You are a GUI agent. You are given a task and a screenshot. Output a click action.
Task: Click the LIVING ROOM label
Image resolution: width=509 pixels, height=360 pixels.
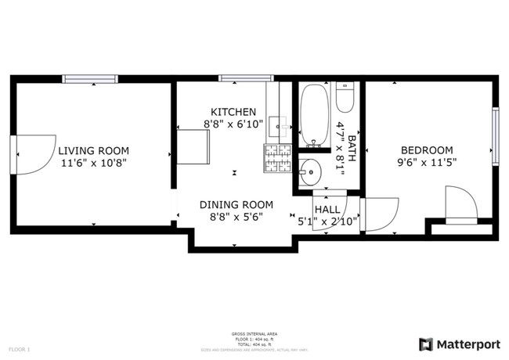pyautogui.click(x=93, y=150)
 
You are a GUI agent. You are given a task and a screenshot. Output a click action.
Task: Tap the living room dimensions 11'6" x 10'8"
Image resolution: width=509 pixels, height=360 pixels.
pyautogui.click(x=93, y=163)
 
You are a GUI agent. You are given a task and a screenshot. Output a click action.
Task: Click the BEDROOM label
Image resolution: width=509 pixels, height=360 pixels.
pyautogui.click(x=427, y=150)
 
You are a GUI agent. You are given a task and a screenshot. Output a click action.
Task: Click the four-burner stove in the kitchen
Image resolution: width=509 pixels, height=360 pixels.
pyautogui.click(x=278, y=158)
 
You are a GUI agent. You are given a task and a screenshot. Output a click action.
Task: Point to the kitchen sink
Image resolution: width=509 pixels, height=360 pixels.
pyautogui.click(x=279, y=124)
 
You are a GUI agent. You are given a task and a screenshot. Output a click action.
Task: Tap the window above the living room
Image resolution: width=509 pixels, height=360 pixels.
pyautogui.click(x=90, y=78)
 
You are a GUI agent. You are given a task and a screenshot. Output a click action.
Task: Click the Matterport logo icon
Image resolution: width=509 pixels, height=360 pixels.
pyautogui.click(x=426, y=344)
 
